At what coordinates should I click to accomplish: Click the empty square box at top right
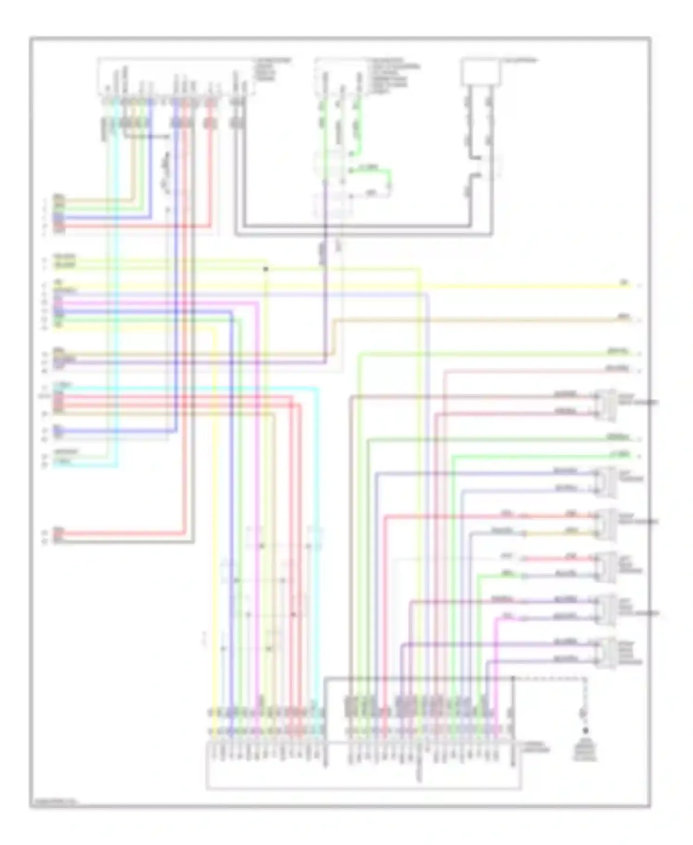tap(480, 72)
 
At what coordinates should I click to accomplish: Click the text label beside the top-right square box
tap(520, 61)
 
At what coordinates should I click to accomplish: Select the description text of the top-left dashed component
tap(273, 69)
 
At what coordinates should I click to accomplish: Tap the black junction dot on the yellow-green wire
tap(266, 269)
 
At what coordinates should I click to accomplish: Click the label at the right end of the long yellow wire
tap(624, 282)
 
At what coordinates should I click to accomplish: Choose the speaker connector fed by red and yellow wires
tap(606, 524)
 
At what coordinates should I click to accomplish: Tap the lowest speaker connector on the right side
tap(606, 653)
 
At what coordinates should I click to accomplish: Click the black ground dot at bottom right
tap(585, 731)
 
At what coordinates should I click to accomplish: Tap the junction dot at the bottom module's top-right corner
tap(513, 679)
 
